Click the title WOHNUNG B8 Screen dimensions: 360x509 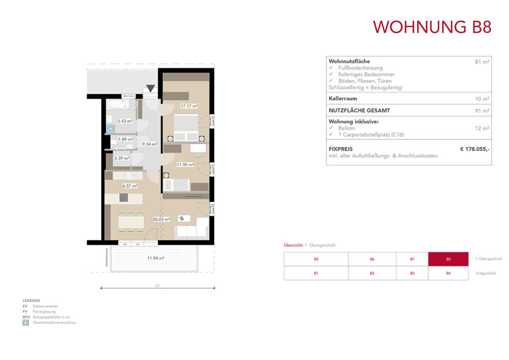click(x=432, y=27)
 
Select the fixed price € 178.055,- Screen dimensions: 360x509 click(x=475, y=148)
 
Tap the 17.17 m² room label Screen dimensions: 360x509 click(x=189, y=106)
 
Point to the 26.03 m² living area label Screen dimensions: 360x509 click(x=161, y=219)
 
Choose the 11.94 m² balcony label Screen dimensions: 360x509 click(x=156, y=258)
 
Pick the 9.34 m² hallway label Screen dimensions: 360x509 click(x=150, y=144)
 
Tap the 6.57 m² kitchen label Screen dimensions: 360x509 click(x=130, y=186)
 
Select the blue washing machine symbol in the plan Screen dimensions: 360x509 click(x=110, y=128)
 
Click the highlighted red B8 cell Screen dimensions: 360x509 click(x=448, y=259)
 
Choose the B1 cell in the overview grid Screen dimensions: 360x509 click(x=316, y=273)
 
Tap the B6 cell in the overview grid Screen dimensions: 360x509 click(x=372, y=259)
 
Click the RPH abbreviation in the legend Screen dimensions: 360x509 click(x=25, y=317)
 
